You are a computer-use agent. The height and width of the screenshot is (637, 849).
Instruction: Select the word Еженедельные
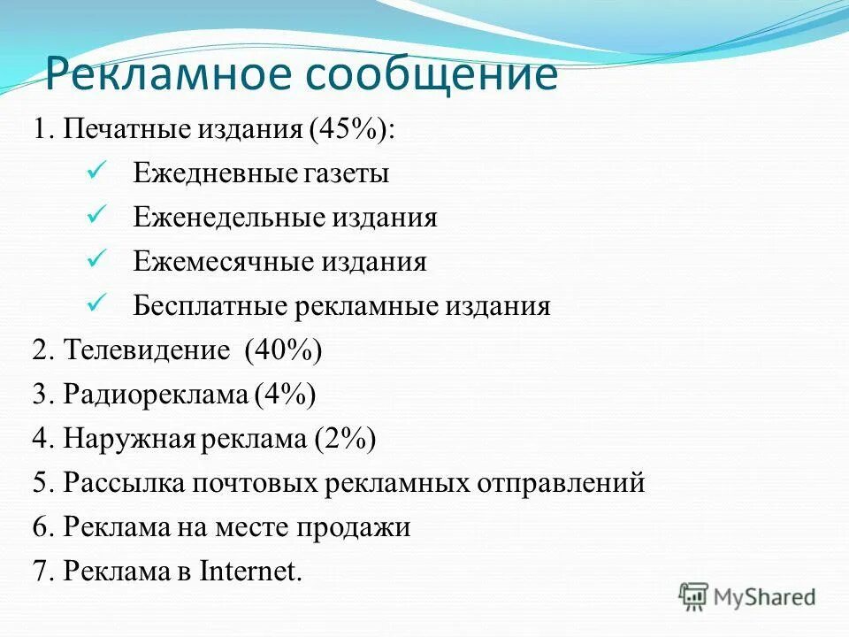tap(227, 218)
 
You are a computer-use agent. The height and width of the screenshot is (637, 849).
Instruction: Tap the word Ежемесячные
tap(222, 262)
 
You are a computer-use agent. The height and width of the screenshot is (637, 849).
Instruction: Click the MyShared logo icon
tap(694, 595)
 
